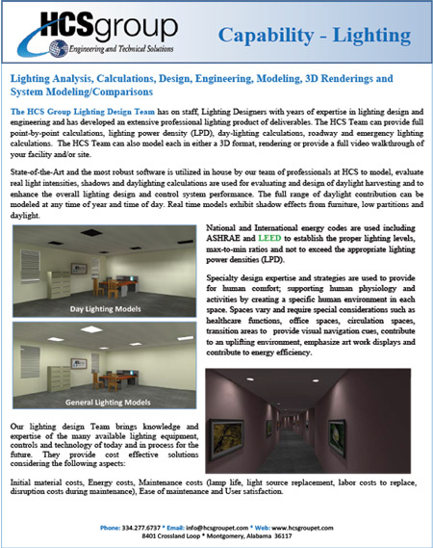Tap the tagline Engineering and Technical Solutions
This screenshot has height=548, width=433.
click(124, 48)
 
